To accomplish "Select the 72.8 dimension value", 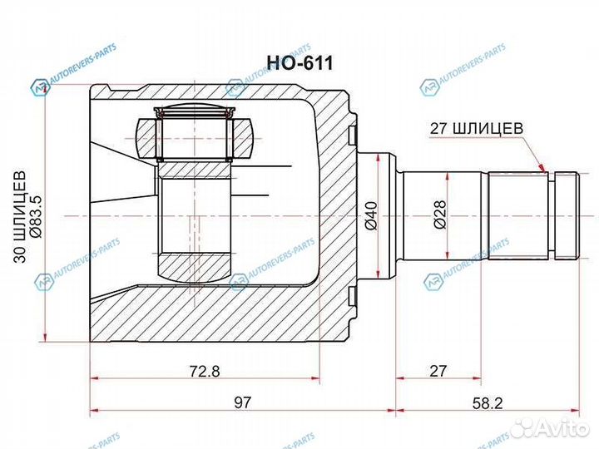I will (x=205, y=372).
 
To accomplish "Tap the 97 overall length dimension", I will (x=242, y=402).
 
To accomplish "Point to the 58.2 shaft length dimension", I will (x=483, y=402).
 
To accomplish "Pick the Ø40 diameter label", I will (x=371, y=216).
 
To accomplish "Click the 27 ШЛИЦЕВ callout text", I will (x=475, y=128).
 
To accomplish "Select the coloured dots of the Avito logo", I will (x=524, y=427).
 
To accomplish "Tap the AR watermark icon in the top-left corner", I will (x=40, y=89).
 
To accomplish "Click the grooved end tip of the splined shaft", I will (x=567, y=215).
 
